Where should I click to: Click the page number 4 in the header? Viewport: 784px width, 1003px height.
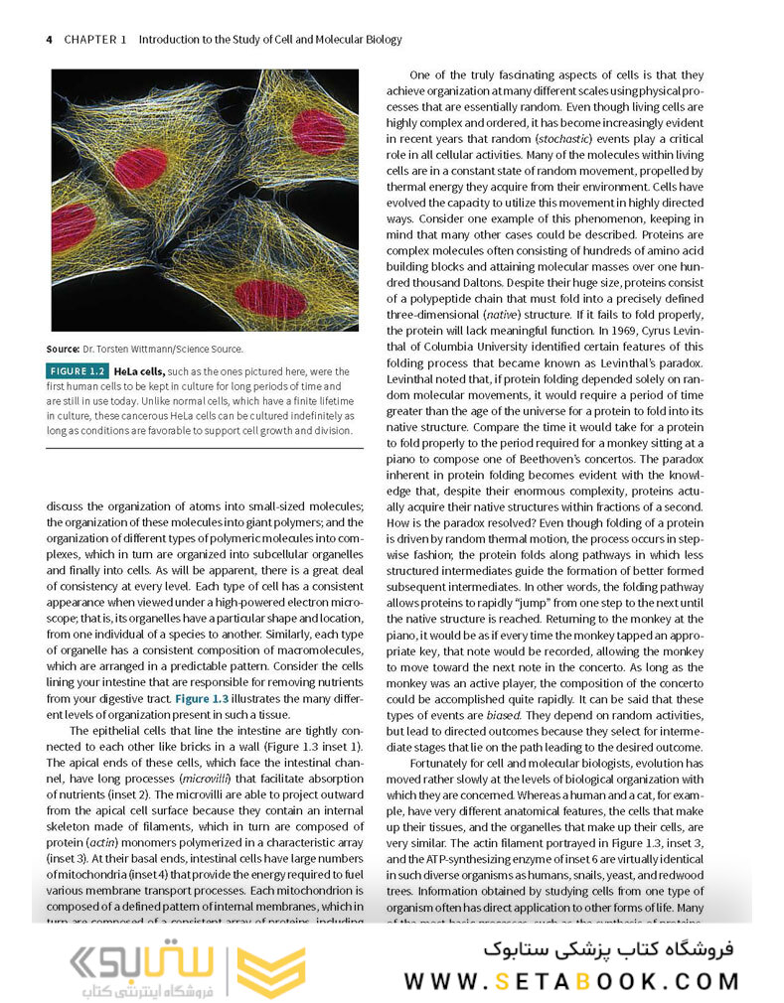tap(50, 40)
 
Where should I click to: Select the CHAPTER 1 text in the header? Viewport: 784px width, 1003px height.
tap(95, 40)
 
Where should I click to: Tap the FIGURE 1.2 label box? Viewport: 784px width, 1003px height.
tap(78, 370)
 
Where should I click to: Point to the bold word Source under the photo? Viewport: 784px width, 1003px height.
tap(63, 349)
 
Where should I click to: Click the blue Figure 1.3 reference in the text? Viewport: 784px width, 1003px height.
tap(203, 699)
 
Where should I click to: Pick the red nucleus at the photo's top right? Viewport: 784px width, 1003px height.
tap(318, 131)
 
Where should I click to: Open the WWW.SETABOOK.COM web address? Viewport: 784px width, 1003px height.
tap(571, 981)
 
